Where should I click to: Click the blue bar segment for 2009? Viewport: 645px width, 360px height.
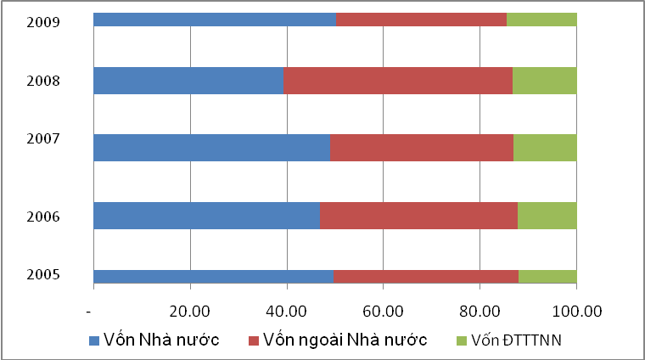[214, 20]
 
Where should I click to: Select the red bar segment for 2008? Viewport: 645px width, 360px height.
[397, 81]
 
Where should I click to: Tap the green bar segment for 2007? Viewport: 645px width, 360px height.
[545, 148]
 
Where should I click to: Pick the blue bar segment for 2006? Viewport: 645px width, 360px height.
[206, 216]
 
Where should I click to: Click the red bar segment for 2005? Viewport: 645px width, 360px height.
[426, 276]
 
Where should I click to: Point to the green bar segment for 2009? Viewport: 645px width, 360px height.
[541, 20]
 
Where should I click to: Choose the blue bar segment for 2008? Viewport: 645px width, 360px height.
[188, 81]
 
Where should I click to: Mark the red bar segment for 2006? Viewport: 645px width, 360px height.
[418, 216]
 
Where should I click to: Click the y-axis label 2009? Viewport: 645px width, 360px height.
[42, 22]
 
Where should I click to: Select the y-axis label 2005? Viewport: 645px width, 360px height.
[42, 275]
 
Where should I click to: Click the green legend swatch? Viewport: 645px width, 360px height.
[462, 340]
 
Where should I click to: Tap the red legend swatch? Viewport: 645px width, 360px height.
[254, 340]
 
